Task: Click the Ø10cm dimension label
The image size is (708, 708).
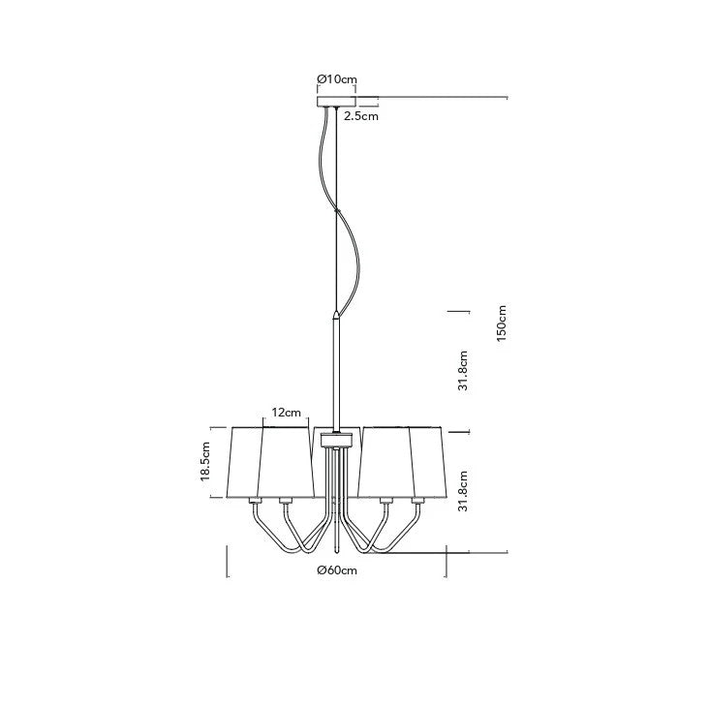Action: click(x=337, y=79)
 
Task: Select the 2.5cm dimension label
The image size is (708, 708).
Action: click(x=361, y=116)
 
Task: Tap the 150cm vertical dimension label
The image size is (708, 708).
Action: click(x=501, y=323)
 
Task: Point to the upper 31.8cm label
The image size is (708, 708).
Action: click(x=463, y=370)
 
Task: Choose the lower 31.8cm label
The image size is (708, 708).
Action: click(x=463, y=491)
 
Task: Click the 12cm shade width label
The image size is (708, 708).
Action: click(x=287, y=413)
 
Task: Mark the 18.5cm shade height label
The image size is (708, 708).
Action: click(x=206, y=461)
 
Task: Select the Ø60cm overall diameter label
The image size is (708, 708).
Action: click(x=337, y=570)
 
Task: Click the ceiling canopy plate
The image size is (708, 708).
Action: click(x=336, y=102)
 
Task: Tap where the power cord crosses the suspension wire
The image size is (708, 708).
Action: click(x=336, y=210)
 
